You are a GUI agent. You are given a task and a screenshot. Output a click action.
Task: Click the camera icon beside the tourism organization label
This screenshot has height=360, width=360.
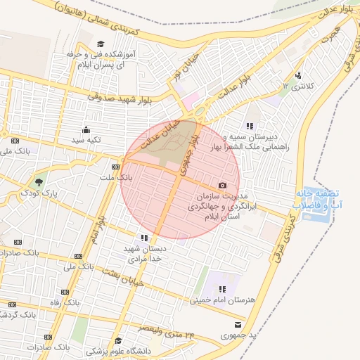click(223, 185)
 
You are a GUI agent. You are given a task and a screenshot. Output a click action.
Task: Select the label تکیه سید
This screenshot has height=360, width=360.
click(86, 140)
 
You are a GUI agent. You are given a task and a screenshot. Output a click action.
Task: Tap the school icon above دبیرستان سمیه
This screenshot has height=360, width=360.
click(250, 126)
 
